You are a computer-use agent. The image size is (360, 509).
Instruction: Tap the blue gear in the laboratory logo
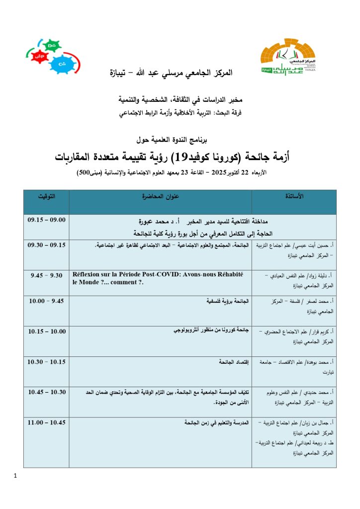pyautogui.click(x=62, y=65)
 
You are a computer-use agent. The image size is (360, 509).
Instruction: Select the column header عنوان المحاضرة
pyautogui.click(x=161, y=196)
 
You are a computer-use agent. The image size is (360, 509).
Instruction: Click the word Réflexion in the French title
pyautogui.click(x=88, y=275)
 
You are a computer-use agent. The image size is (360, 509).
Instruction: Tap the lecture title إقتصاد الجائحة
pyautogui.click(x=234, y=362)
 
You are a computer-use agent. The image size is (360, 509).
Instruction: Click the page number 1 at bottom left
pyautogui.click(x=16, y=477)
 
